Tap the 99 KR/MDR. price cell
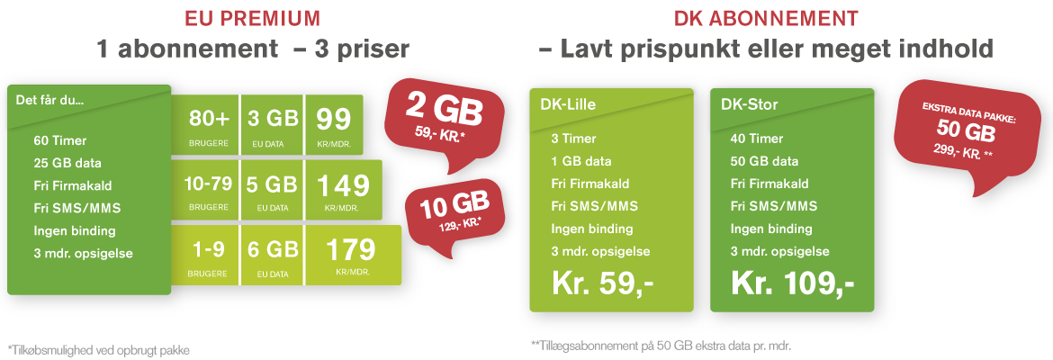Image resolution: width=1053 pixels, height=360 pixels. (x=335, y=124)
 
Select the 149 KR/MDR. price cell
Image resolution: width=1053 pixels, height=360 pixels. (x=344, y=190)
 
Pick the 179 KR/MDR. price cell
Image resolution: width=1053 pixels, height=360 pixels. (x=353, y=256)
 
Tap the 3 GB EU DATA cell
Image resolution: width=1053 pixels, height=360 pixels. (x=273, y=124)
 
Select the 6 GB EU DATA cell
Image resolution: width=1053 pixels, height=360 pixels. (x=273, y=256)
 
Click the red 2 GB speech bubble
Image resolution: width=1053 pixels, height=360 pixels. (x=443, y=118)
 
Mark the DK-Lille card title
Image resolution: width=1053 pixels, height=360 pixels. (x=568, y=104)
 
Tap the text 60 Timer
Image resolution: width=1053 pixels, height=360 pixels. (x=60, y=141)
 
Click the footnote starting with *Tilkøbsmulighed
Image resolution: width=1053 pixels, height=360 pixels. (x=99, y=350)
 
